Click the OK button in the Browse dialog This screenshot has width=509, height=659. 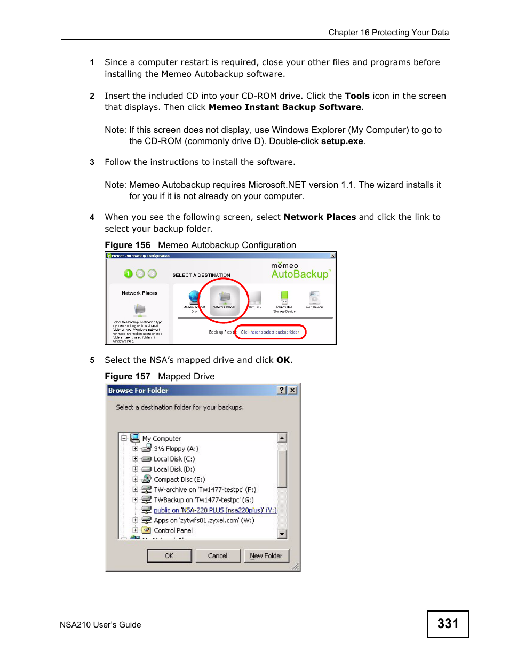point(169,555)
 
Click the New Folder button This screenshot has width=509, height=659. point(266,555)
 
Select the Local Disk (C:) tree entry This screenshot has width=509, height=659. point(174,459)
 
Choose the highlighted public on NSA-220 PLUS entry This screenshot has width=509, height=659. point(214,510)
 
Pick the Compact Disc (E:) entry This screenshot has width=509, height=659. point(179,479)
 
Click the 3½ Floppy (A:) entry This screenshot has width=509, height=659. point(176,449)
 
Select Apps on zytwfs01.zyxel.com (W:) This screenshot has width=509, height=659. point(203,520)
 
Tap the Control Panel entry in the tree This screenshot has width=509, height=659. point(173,530)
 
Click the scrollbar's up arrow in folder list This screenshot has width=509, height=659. point(282,438)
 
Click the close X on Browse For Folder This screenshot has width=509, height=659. point(292,390)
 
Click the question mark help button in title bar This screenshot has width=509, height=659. point(282,390)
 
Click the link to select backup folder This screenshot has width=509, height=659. point(269,332)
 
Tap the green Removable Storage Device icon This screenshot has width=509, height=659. point(284,298)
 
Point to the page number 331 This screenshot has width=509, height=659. point(448,623)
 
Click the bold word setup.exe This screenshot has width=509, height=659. point(342,141)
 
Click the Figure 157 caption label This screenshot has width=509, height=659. point(128,376)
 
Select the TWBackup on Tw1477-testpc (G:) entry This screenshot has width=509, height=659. point(203,500)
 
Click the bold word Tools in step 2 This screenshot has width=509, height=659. point(357,96)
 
